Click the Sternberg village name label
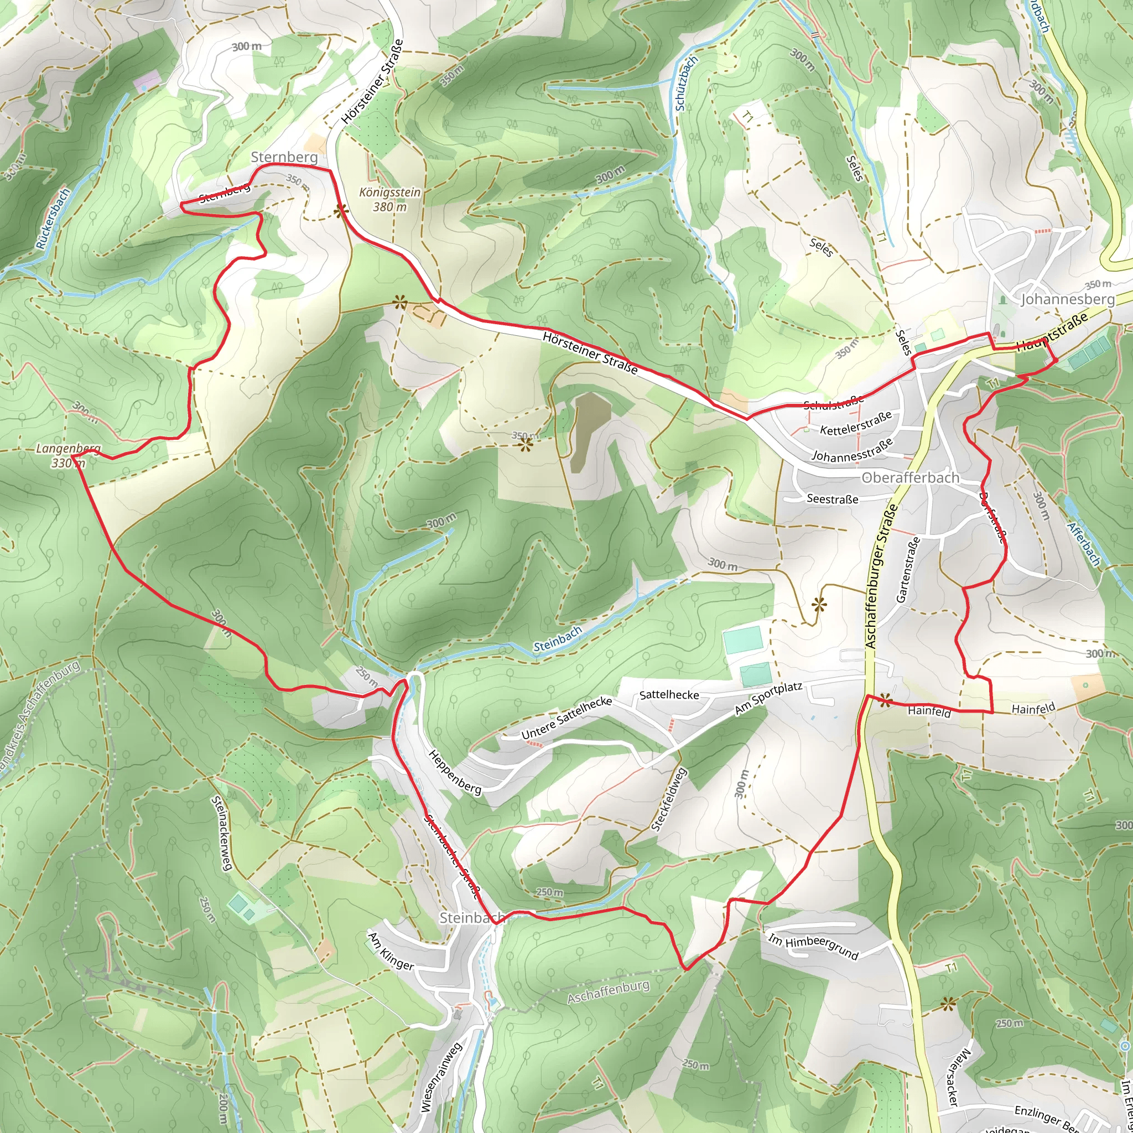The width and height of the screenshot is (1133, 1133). coord(284,157)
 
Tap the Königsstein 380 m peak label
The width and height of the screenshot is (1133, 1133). coord(389,199)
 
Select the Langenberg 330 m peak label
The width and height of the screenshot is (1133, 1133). coord(68,456)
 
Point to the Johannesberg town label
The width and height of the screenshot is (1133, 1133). coord(1067,300)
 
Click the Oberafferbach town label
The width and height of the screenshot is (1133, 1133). coord(910,478)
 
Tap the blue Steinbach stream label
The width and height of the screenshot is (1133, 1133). coord(557,638)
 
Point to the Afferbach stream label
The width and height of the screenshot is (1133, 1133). coord(1084,544)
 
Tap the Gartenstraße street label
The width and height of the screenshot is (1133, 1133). coord(908,569)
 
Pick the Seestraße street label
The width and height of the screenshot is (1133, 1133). coord(832,499)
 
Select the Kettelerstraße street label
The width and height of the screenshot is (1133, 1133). coord(856,423)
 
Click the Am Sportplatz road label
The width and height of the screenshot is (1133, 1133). coord(768,698)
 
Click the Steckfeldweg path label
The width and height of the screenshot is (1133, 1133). coord(668,799)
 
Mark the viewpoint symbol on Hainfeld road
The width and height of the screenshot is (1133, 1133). coord(885,699)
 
